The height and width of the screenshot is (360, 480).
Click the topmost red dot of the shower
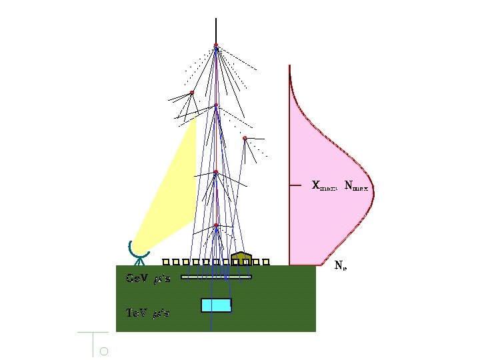coord(216,45)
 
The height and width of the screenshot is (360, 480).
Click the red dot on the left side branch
coord(191,92)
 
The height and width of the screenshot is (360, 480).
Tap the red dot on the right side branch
coord(245,138)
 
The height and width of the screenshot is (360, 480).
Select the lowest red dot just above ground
coord(216,225)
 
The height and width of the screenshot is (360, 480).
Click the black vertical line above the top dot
coord(216,30)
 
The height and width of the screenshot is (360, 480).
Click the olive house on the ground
coord(241,258)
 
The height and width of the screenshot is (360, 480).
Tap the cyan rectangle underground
coord(216,305)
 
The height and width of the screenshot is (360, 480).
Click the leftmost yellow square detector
coord(166,262)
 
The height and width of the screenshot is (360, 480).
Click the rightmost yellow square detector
coord(265,262)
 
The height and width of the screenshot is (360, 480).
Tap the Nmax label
coord(356,185)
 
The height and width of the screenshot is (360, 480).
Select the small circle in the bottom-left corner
coord(103,351)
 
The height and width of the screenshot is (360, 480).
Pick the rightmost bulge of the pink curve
coord(373,187)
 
